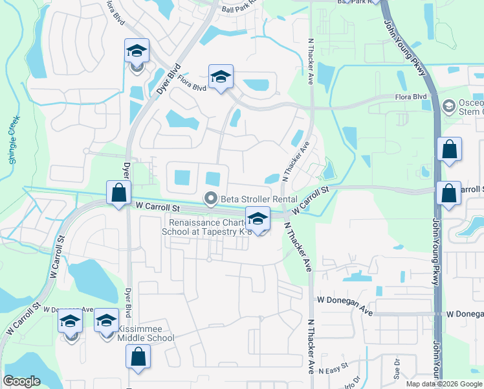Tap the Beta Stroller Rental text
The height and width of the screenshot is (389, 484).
coord(259,199)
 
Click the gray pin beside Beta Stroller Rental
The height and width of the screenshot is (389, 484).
coord(210,199)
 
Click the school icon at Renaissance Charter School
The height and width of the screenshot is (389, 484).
coord(258,218)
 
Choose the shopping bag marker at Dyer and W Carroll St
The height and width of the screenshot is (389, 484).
coord(118,193)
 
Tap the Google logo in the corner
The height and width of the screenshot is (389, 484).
coord(21,381)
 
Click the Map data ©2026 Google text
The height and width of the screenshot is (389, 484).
coord(445,384)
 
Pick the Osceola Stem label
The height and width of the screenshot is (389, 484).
coord(470,105)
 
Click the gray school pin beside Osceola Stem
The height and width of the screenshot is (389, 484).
coord(448,105)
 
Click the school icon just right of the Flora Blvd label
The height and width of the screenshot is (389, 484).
coord(220,77)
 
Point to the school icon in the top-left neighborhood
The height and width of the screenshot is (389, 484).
coord(137,51)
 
